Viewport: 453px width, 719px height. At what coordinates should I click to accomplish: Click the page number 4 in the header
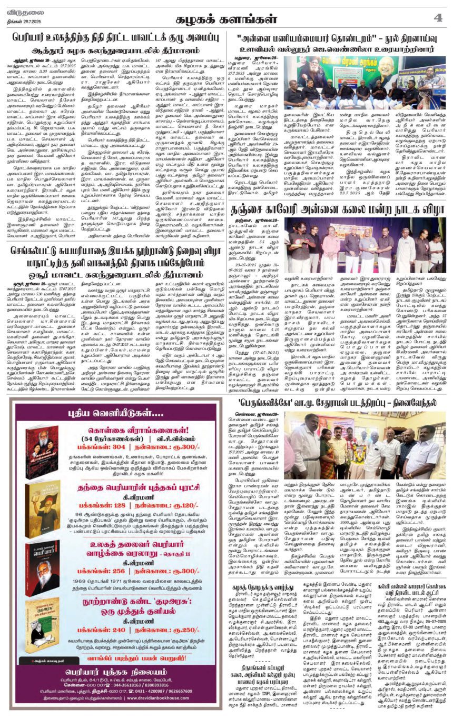(x=437, y=18)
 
